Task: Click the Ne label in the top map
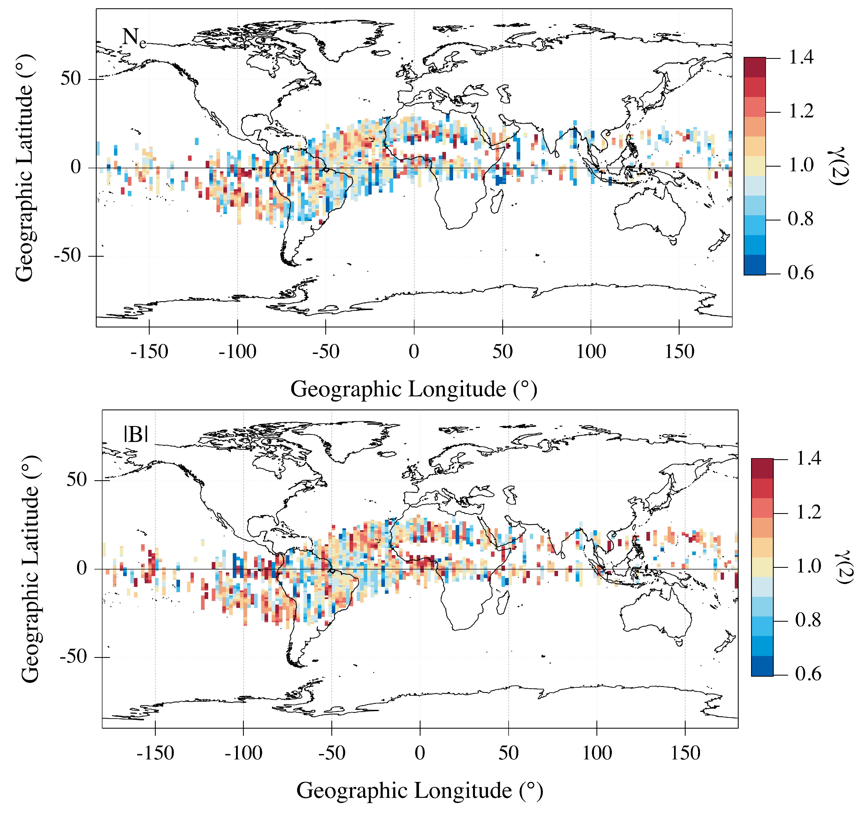[x=133, y=38]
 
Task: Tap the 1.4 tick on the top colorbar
[x=800, y=57]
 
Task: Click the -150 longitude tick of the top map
[x=149, y=351]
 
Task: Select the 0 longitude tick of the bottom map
[x=420, y=753]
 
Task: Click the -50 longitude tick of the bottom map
[x=332, y=753]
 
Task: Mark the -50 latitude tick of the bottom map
[x=74, y=657]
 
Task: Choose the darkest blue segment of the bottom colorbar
[x=762, y=666]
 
